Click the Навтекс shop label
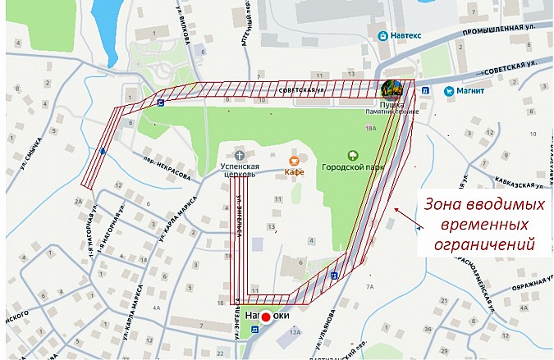[406, 36]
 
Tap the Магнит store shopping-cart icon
[449, 90]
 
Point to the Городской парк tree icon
[353, 153]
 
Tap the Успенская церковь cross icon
[239, 154]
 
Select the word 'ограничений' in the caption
[477, 244]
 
